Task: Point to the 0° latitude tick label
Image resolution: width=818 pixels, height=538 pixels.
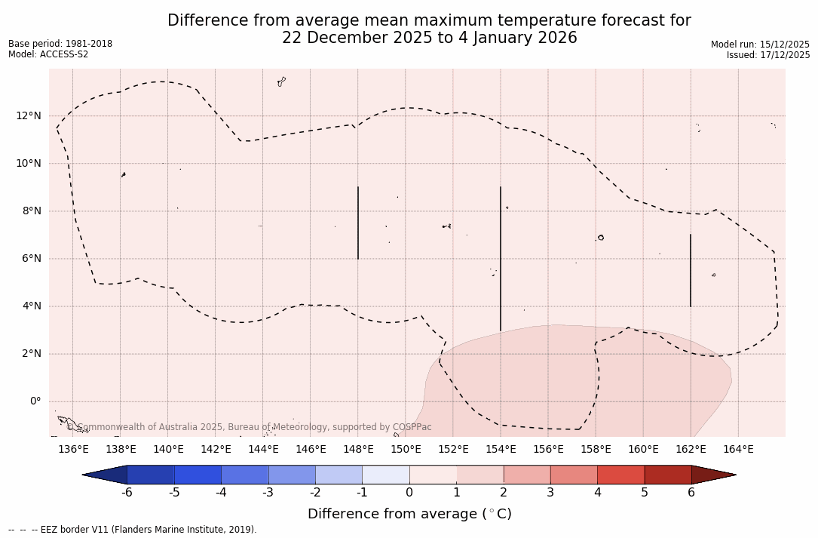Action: pos(35,401)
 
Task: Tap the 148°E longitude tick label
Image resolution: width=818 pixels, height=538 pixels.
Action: pos(358,450)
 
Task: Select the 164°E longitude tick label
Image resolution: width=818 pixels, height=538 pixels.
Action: pos(738,450)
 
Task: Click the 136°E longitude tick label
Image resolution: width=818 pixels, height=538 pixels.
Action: pos(73,450)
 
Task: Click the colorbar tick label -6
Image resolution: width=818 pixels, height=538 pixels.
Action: pos(127,493)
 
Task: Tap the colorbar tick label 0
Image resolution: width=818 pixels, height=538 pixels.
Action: pos(409,493)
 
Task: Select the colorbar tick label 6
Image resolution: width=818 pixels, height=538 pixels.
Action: pos(691,493)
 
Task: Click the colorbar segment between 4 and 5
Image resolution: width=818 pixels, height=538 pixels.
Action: pos(620,475)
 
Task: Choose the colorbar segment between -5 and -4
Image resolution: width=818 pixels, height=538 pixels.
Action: pos(198,475)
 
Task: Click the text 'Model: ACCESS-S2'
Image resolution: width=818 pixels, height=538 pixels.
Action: pos(48,54)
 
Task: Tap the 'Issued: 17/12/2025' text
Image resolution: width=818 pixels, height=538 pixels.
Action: pos(768,55)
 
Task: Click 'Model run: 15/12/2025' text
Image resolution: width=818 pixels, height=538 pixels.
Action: pos(760,45)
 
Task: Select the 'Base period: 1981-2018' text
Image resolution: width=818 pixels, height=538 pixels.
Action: pos(60,44)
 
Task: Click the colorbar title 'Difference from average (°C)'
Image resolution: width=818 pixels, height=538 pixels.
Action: pos(409,514)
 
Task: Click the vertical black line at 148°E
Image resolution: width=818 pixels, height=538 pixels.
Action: pos(358,223)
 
